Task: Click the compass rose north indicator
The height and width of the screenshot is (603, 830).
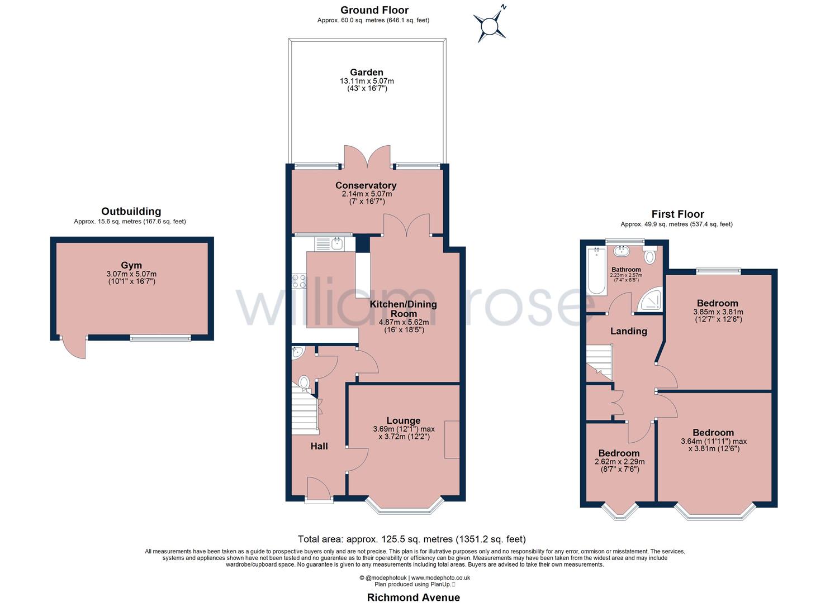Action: pyautogui.click(x=490, y=25)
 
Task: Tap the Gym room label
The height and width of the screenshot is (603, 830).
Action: pyautogui.click(x=131, y=265)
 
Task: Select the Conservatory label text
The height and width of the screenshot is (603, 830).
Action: pyautogui.click(x=366, y=185)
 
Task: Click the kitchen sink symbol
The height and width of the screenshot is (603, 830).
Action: pyautogui.click(x=336, y=243)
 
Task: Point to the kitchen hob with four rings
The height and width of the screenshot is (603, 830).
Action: pyautogui.click(x=299, y=280)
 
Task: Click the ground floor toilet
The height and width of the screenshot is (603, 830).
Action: pyautogui.click(x=303, y=382)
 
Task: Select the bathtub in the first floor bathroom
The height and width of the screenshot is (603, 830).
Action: pyautogui.click(x=596, y=271)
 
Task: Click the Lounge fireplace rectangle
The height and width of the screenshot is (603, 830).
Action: pyautogui.click(x=452, y=439)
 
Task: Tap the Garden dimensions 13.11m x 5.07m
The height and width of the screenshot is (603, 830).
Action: pyautogui.click(x=367, y=82)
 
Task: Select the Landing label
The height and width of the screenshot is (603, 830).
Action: pyautogui.click(x=628, y=331)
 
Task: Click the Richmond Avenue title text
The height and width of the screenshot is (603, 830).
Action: pyautogui.click(x=413, y=597)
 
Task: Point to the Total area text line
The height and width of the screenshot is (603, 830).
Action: pyautogui.click(x=412, y=539)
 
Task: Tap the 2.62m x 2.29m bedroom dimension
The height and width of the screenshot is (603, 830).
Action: pyautogui.click(x=619, y=462)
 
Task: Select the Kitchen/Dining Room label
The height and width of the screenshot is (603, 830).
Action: pyautogui.click(x=403, y=309)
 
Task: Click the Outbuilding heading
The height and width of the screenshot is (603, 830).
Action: pyautogui.click(x=131, y=212)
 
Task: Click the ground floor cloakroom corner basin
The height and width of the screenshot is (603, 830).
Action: pyautogui.click(x=297, y=351)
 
